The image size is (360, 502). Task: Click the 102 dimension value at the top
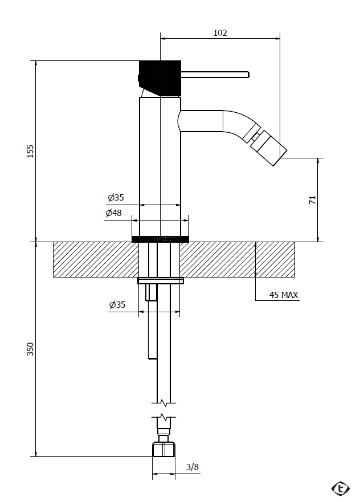click(220, 32)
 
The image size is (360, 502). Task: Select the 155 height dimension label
click(30, 151)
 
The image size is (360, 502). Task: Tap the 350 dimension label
click(30, 349)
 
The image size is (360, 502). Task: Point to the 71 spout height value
click(312, 200)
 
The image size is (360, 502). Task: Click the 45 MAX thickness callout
click(284, 295)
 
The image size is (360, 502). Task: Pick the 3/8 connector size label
click(193, 467)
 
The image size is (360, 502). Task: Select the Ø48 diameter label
click(113, 213)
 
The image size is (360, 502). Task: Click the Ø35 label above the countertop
click(116, 197)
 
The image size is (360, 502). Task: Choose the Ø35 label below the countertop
click(117, 304)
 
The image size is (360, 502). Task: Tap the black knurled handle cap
click(160, 78)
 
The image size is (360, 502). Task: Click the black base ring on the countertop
click(160, 239)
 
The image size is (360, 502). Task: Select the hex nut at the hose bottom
click(163, 450)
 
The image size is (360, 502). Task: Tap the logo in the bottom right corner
click(341, 488)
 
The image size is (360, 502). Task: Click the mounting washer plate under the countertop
click(161, 281)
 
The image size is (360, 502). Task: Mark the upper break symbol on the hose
click(164, 403)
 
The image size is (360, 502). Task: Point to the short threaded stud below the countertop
click(151, 293)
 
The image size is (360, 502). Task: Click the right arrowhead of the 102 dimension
click(277, 39)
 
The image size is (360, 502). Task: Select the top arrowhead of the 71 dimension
click(318, 160)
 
